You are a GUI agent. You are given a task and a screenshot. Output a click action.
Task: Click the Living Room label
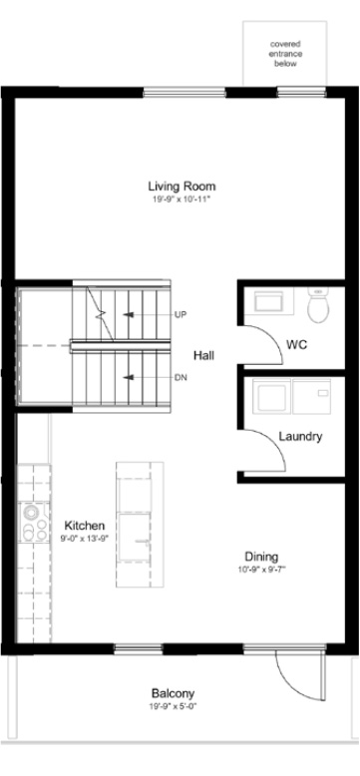181,187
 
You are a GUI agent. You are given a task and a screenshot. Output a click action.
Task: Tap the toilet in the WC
318,305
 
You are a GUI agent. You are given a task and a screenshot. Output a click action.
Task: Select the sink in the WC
268,300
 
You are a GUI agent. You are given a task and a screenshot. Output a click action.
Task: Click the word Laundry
300,437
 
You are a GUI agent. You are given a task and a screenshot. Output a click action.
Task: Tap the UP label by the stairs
180,314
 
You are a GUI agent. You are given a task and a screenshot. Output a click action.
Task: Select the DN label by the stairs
180,378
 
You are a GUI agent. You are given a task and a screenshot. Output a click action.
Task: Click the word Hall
203,355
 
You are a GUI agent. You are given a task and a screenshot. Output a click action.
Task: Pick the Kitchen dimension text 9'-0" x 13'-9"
85,537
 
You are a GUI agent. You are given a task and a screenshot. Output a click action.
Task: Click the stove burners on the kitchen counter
34,523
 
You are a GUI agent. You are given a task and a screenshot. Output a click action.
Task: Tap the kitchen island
140,525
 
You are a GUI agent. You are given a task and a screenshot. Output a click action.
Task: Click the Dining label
261,557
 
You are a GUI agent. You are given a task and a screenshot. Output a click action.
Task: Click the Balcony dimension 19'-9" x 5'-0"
174,706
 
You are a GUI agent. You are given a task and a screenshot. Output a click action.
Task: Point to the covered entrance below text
285,54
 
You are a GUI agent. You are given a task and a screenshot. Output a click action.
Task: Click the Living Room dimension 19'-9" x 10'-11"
181,199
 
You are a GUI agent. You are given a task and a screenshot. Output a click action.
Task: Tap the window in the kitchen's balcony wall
139,647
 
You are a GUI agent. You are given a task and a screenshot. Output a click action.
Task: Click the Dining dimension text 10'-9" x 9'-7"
261,570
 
